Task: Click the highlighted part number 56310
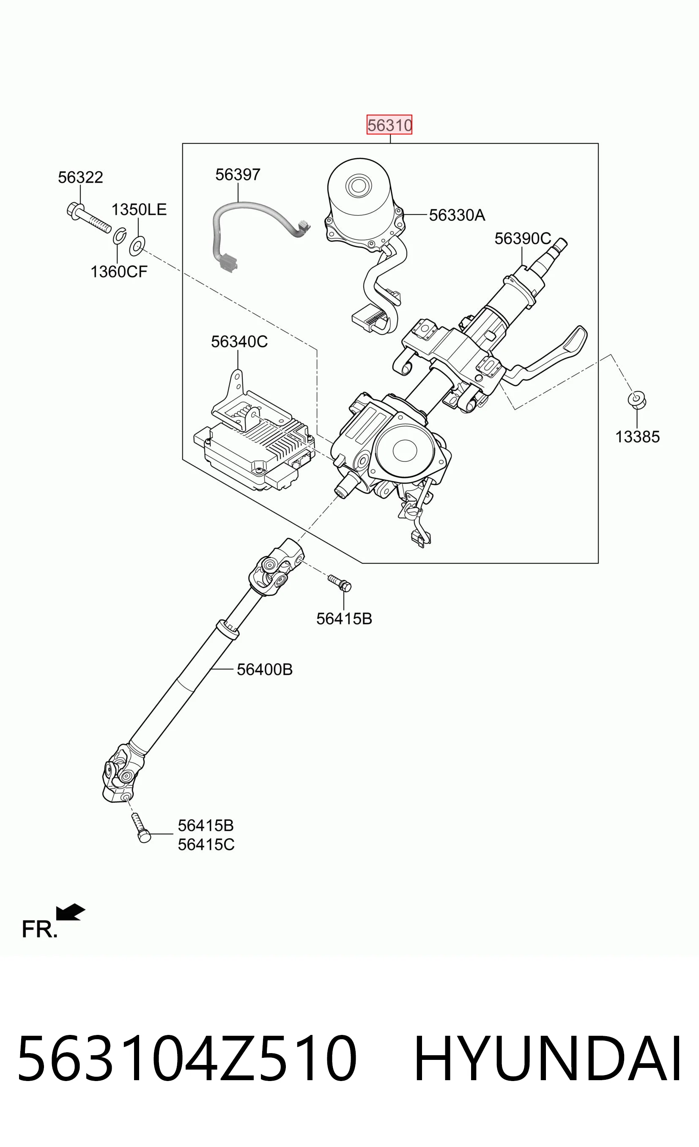(x=389, y=125)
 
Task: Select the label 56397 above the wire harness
(x=238, y=175)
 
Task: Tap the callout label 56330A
(x=457, y=215)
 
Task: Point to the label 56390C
(x=523, y=239)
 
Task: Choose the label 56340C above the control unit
(x=239, y=342)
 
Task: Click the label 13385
(x=638, y=436)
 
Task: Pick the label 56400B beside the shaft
(x=265, y=670)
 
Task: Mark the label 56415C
(x=206, y=845)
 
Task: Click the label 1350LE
(x=139, y=209)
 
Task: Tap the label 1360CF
(x=119, y=272)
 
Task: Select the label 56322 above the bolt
(x=80, y=177)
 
